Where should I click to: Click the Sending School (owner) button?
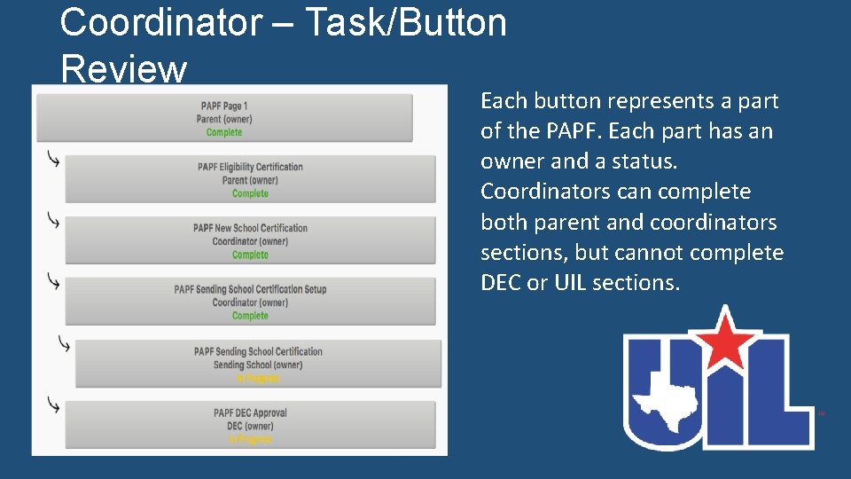click(258, 365)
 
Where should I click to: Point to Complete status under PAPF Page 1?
click(223, 133)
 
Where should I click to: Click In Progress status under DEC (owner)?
click(250, 439)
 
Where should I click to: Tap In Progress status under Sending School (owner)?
click(258, 378)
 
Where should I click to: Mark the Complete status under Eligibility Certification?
click(250, 194)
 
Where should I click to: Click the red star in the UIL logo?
click(727, 340)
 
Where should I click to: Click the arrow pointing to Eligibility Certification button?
click(54, 161)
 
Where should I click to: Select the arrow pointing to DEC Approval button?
click(54, 406)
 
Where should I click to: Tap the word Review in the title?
click(123, 69)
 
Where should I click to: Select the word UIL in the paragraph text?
click(573, 283)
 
